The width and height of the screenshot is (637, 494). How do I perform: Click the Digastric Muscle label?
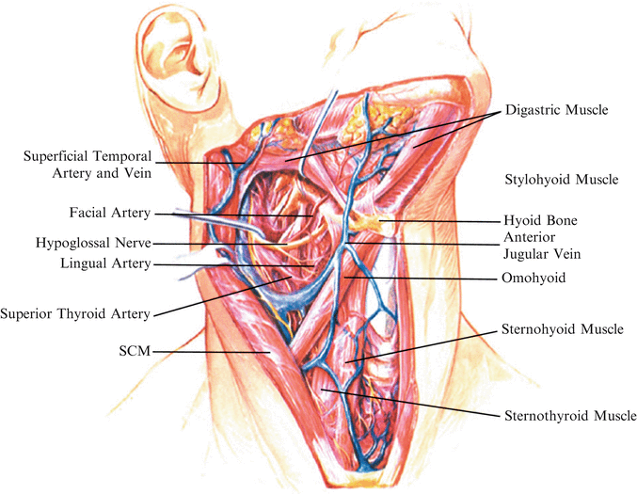click(557, 110)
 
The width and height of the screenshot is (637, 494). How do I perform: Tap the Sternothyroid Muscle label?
click(570, 415)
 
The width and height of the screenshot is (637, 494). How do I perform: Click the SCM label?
click(133, 352)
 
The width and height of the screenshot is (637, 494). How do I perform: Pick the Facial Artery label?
click(109, 214)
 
